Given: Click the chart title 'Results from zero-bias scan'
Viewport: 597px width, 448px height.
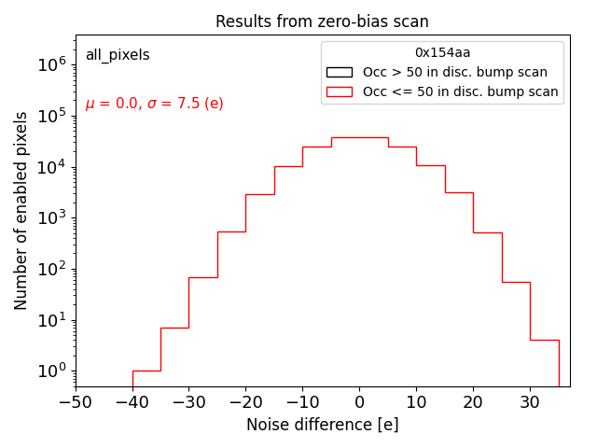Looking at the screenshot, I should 322,21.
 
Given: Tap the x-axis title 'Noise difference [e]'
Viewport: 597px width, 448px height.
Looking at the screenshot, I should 322,425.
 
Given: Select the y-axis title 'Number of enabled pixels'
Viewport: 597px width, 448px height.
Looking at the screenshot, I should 21,210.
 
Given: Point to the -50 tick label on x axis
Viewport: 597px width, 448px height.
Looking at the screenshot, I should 76,402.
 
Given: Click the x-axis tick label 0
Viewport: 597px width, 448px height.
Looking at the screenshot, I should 359,402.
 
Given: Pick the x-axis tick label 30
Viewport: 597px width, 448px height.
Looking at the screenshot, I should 530,402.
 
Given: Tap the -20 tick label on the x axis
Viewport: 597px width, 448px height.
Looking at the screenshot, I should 245,402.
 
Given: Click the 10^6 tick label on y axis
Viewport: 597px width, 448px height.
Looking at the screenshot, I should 51,64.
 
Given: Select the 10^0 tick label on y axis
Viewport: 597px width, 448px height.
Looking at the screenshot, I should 51,371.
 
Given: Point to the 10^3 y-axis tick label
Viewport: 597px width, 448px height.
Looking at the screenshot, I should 51,217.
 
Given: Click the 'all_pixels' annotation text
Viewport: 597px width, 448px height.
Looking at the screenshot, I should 118,55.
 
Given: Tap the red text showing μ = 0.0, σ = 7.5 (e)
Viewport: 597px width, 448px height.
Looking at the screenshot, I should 154,104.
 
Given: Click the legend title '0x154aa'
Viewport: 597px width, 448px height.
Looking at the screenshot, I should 442,53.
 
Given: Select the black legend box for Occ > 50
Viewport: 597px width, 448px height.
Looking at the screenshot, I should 339,72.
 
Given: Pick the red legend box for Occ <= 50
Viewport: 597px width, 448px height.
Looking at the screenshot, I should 339,91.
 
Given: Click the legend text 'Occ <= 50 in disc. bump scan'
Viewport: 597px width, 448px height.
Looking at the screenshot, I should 460,91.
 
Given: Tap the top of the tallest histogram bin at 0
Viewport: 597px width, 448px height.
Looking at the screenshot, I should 359,137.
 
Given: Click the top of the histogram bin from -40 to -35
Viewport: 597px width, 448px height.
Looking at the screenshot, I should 146,371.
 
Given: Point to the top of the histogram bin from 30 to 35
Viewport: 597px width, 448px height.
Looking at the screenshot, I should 544,340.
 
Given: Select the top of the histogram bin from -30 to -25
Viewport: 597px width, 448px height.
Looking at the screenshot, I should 203,277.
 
